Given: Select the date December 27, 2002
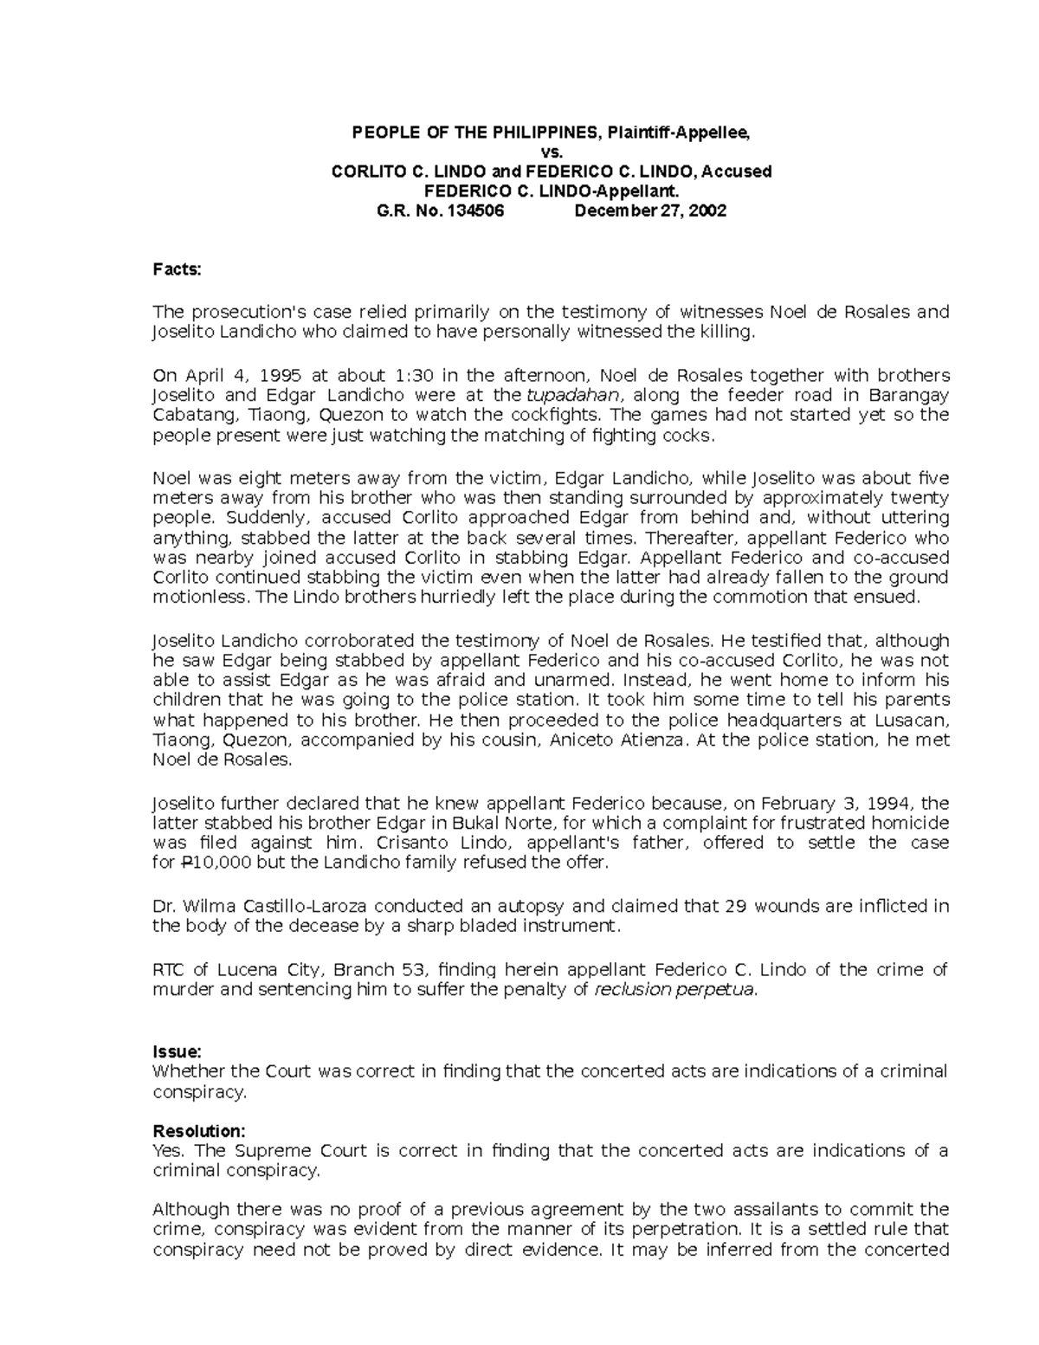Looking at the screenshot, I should [x=650, y=210].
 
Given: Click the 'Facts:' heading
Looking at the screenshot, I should [x=177, y=269].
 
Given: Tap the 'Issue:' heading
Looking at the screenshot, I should [x=177, y=1051].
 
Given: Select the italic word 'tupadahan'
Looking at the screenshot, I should [x=566, y=396].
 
